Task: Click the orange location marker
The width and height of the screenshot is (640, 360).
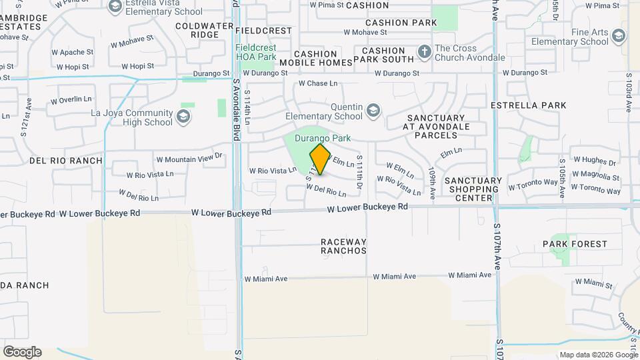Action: [320, 159]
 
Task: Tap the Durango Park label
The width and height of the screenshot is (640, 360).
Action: [323, 138]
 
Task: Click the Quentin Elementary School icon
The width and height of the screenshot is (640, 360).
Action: [374, 110]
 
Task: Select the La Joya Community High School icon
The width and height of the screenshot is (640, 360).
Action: [183, 117]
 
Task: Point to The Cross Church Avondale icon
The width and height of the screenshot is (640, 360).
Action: [424, 52]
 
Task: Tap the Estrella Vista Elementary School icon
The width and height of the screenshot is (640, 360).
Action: [115, 7]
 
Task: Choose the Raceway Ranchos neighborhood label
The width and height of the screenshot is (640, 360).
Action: [343, 246]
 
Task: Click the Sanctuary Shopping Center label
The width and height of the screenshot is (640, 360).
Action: [473, 189]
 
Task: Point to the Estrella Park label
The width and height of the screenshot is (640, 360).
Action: [537, 105]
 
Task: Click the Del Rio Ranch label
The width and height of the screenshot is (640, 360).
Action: [66, 161]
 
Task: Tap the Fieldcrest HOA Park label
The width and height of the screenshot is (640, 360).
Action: [256, 53]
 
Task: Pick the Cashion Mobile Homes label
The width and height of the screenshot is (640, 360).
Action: [323, 58]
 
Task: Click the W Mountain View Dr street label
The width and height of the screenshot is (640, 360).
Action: [189, 159]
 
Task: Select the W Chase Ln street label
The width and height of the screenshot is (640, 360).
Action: [318, 83]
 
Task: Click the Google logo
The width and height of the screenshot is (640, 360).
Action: [22, 351]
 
